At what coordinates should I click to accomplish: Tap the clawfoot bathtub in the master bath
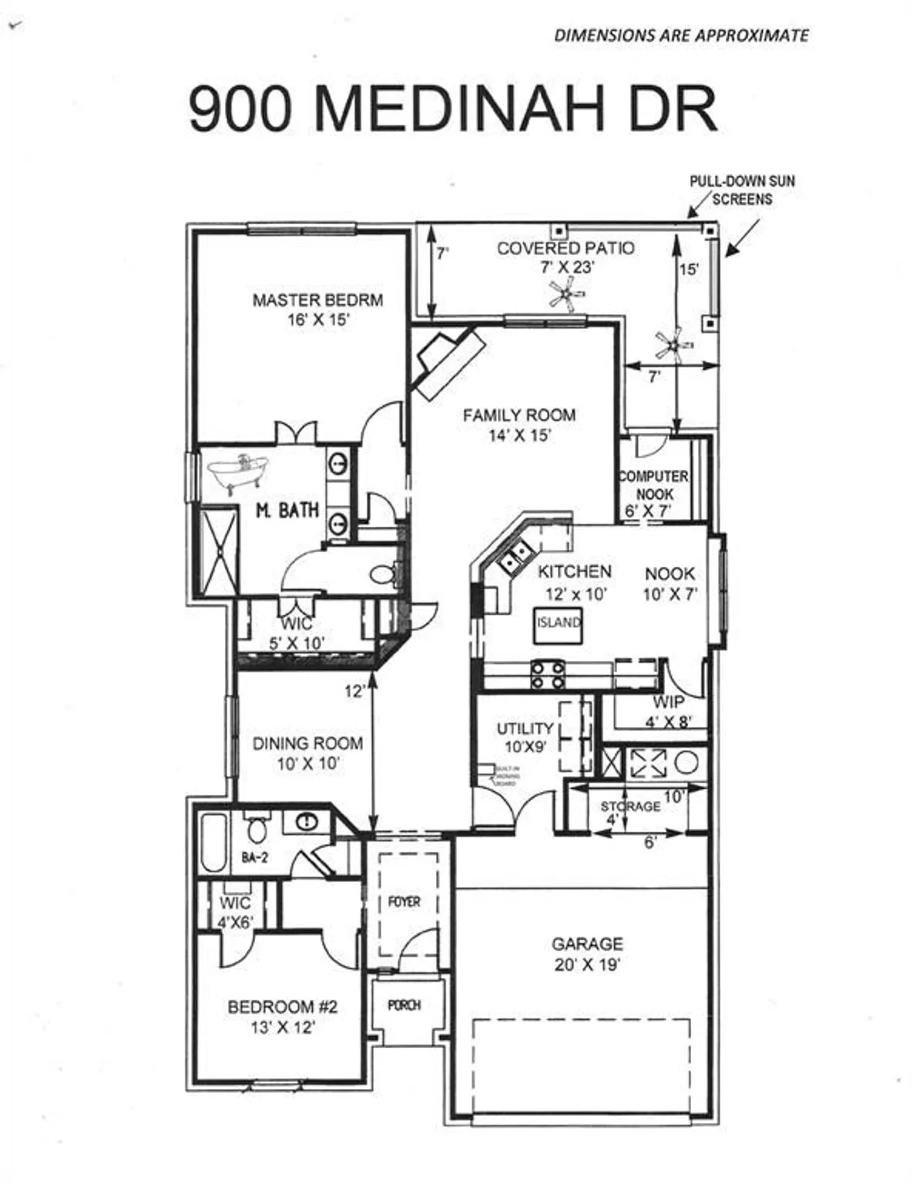pyautogui.click(x=239, y=472)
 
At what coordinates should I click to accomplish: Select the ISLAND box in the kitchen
pyautogui.click(x=559, y=622)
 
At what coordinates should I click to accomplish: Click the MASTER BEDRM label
pyautogui.click(x=317, y=300)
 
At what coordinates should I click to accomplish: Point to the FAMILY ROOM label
pyautogui.click(x=519, y=416)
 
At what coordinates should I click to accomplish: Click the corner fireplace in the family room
pyautogui.click(x=447, y=362)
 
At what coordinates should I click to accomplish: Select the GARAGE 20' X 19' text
pyautogui.click(x=587, y=953)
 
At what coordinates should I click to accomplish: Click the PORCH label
pyautogui.click(x=404, y=1006)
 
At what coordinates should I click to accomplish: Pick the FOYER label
pyautogui.click(x=404, y=901)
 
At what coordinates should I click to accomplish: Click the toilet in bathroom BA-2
pyautogui.click(x=256, y=829)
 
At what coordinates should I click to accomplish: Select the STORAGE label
pyautogui.click(x=630, y=806)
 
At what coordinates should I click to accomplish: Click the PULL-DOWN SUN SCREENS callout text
pyautogui.click(x=742, y=190)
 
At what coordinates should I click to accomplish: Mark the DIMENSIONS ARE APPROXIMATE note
pyautogui.click(x=681, y=35)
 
